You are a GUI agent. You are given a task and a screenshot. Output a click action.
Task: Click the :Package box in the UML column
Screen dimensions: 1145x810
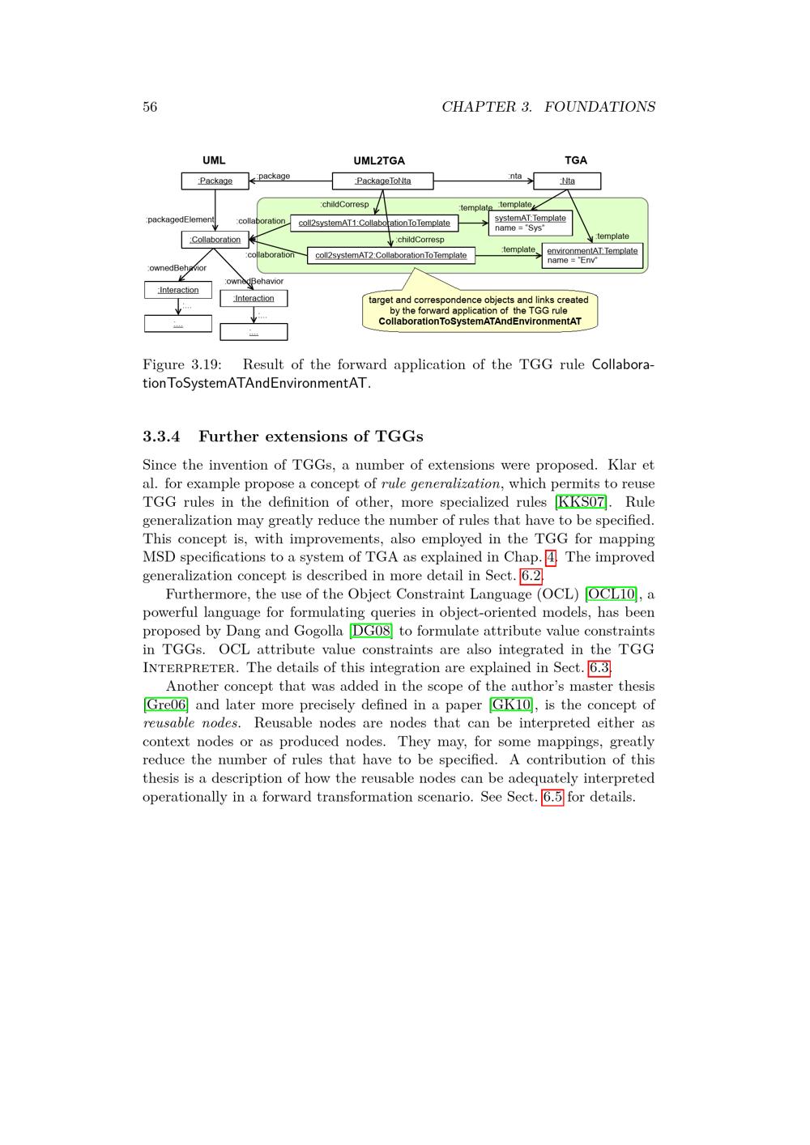tap(215, 181)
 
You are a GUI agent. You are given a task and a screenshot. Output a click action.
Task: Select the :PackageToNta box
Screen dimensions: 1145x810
tap(383, 181)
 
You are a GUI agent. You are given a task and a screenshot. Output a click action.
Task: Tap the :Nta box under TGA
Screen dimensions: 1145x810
tap(567, 181)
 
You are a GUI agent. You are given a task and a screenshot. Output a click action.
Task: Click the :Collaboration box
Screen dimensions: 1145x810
tap(215, 240)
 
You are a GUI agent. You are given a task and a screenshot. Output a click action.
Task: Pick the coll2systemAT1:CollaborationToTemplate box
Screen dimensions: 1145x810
tap(374, 223)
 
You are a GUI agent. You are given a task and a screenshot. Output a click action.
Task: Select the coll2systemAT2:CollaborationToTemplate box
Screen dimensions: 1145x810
tap(391, 255)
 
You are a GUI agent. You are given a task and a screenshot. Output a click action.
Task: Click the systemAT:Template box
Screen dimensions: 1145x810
tap(531, 223)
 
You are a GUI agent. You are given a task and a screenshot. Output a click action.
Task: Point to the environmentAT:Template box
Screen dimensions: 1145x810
tap(592, 255)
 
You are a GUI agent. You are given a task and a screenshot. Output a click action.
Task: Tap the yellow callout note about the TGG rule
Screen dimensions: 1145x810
tap(480, 310)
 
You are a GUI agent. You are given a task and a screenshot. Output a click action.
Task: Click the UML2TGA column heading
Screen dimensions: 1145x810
tap(379, 161)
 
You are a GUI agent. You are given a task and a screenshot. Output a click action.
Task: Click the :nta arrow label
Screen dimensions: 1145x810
tap(515, 176)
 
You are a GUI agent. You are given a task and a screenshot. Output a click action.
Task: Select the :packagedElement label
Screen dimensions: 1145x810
tap(180, 219)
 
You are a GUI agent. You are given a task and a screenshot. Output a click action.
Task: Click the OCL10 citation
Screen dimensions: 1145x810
tap(611, 594)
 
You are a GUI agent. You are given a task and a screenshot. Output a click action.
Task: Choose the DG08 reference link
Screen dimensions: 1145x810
tap(371, 631)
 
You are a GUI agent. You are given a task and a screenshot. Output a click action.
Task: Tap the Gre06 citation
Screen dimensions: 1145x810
tap(165, 704)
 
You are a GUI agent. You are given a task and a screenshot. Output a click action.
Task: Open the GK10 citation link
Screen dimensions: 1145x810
tap(511, 704)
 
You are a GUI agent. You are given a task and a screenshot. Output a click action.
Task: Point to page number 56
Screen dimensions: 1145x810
tap(150, 107)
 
